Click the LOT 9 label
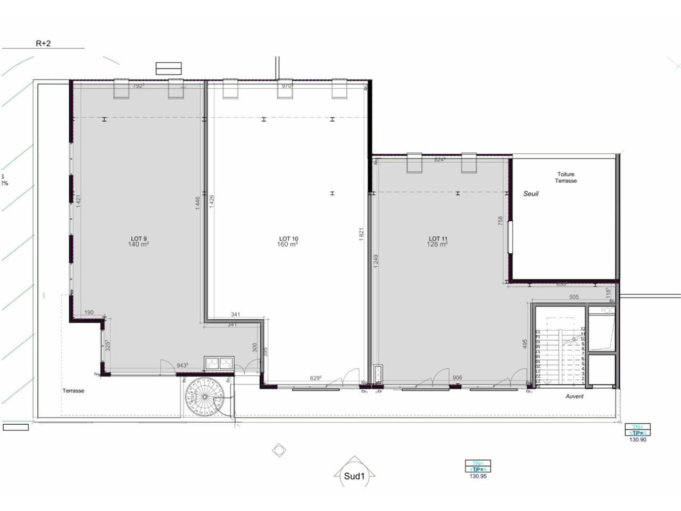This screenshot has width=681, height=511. (138, 238)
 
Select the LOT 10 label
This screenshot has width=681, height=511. (288, 238)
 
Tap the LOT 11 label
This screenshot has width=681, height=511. (438, 238)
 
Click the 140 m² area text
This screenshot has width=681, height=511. (138, 245)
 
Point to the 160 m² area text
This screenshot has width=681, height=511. (288, 245)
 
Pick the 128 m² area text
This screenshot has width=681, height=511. (437, 245)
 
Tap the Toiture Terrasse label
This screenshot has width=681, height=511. (566, 177)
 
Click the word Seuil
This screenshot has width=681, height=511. (530, 194)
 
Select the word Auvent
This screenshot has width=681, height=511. (574, 396)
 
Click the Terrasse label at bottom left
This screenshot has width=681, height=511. (73, 391)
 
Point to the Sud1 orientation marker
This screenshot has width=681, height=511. (354, 477)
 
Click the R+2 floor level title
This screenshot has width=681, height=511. (43, 43)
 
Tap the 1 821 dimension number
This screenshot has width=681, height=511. (361, 235)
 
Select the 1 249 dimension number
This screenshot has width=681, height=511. (376, 261)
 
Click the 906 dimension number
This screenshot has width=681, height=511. (457, 378)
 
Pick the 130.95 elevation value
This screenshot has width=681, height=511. (478, 476)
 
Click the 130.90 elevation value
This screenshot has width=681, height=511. (637, 440)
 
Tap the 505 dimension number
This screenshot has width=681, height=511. (574, 297)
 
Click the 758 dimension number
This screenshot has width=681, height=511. (500, 221)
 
